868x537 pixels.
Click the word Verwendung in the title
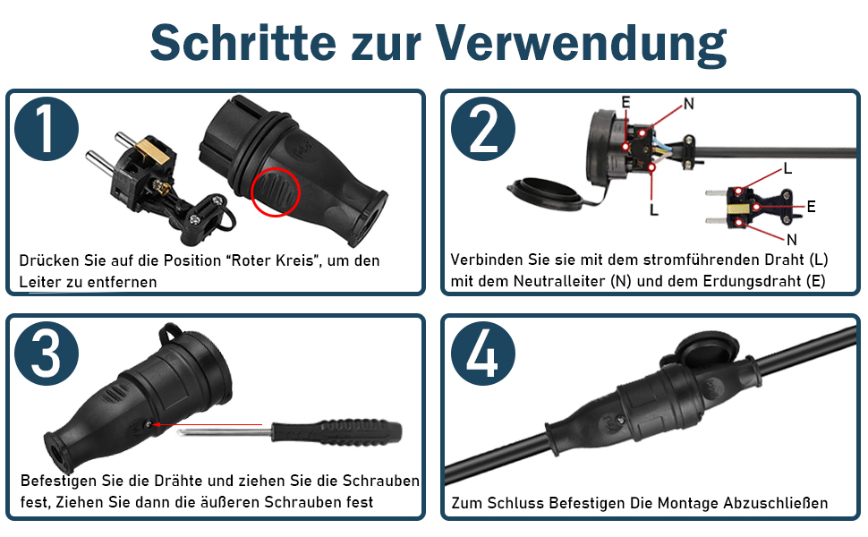coord(581,44)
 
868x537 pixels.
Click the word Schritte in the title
coord(243,43)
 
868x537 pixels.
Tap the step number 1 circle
coord(47,129)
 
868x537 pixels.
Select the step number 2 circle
coord(483,129)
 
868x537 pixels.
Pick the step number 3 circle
coord(47,354)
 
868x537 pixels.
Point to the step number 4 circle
coord(483,354)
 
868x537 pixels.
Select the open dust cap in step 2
coord(545,193)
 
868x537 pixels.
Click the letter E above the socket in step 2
coord(625,102)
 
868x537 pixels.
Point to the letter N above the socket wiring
coord(689,104)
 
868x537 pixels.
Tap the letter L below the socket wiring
coord(654,209)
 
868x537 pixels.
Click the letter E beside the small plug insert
coord(811,207)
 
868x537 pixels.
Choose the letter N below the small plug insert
coord(792,240)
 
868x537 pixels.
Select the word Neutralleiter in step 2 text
coord(559,281)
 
